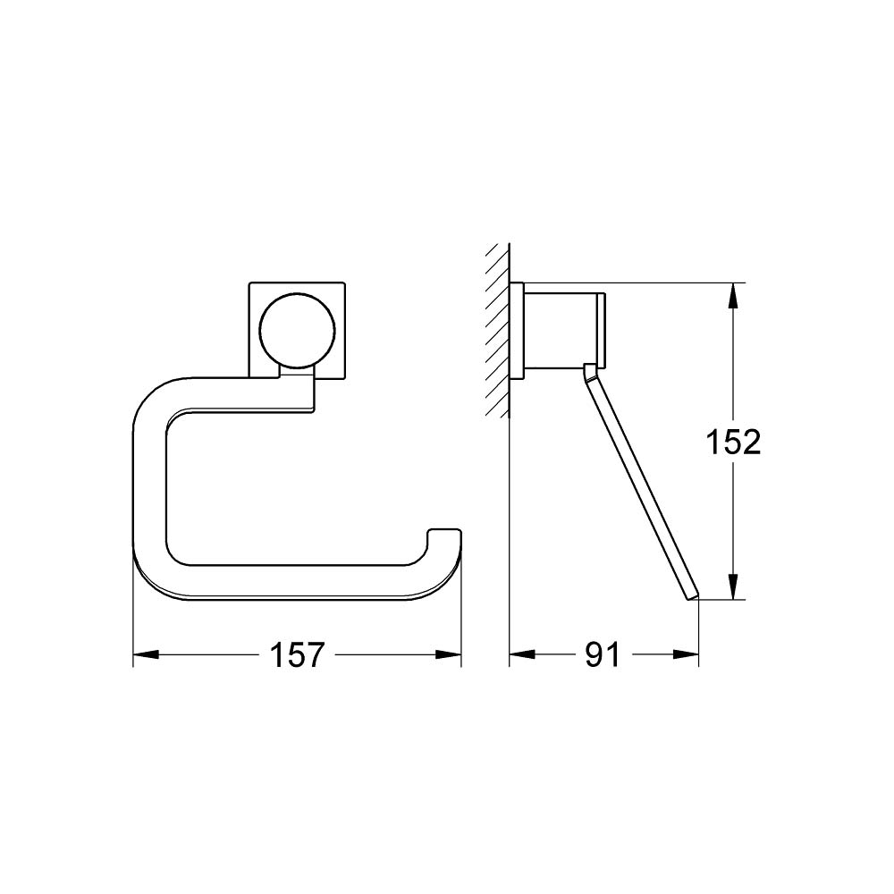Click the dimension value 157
pos(297,655)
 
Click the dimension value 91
pos(602,655)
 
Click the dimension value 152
pos(733,442)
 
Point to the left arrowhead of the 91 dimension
pos(521,655)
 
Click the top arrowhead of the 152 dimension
pos(733,296)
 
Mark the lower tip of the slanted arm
pos(694,597)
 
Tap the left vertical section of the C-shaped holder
pos(149,483)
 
